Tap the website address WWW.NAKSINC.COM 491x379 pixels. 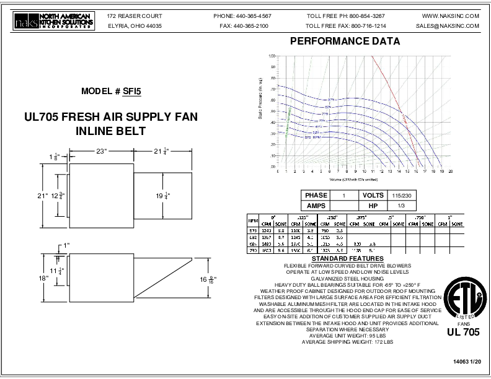click(450, 15)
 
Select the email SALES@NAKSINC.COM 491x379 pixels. click(448, 27)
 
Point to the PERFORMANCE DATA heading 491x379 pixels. click(345, 42)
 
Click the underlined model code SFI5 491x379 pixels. click(132, 92)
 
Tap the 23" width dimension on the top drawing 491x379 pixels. click(101, 150)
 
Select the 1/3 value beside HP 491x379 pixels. click(397, 204)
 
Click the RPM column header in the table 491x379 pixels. click(252, 220)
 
